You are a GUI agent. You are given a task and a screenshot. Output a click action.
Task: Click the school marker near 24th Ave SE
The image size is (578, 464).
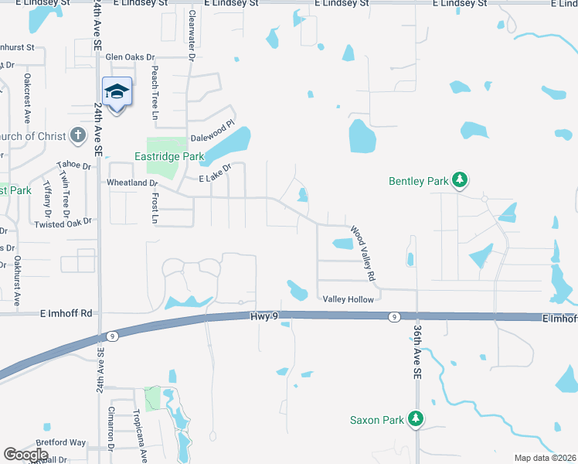[x=117, y=93]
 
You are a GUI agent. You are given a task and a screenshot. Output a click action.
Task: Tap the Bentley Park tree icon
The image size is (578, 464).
[x=460, y=180]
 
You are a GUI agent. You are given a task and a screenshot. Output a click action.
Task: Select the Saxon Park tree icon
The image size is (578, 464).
[x=416, y=419]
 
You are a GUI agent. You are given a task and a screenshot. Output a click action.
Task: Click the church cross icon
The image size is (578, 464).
[x=77, y=136]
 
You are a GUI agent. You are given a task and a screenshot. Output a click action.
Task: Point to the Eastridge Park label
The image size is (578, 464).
[x=169, y=156]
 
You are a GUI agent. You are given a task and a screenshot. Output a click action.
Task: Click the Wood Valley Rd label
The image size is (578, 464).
[x=363, y=253]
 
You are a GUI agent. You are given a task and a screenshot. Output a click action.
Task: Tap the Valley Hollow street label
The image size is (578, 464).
[x=348, y=299]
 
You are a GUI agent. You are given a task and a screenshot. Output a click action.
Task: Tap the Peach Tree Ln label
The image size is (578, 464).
[x=155, y=86]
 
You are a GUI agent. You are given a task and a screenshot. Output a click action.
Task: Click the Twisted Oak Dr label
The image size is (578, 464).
[x=63, y=223]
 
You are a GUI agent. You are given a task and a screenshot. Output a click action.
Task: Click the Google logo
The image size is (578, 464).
[x=25, y=455]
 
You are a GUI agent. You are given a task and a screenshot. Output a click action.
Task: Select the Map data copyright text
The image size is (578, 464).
[x=546, y=458]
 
